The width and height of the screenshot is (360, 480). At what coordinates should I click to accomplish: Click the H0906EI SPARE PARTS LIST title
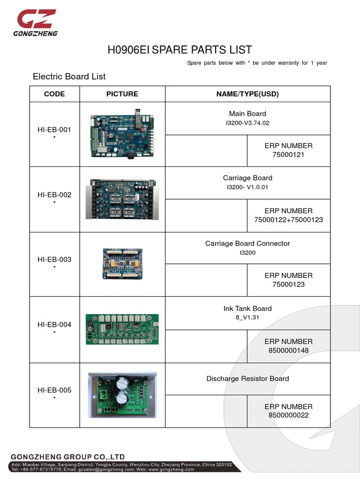pyautogui.click(x=180, y=50)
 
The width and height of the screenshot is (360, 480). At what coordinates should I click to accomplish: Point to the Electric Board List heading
pyautogui.click(x=69, y=76)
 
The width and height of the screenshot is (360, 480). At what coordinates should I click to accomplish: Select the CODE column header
pyautogui.click(x=54, y=94)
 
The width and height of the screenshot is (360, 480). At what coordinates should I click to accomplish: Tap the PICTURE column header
pyautogui.click(x=122, y=94)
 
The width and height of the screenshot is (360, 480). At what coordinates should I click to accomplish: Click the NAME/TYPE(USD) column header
pyautogui.click(x=247, y=94)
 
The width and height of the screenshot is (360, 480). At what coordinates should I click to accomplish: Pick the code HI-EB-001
pyautogui.click(x=54, y=129)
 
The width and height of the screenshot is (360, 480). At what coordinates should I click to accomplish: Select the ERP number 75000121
pyautogui.click(x=288, y=155)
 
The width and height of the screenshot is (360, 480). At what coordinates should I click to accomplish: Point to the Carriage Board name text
pyautogui.click(x=247, y=178)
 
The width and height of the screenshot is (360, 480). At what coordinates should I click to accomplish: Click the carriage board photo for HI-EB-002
pyautogui.click(x=122, y=199)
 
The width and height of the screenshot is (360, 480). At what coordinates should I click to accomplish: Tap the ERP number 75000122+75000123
pyautogui.click(x=288, y=219)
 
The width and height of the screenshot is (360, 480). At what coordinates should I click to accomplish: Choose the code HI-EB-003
pyautogui.click(x=54, y=259)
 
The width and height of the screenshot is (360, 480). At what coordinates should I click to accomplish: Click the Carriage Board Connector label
pyautogui.click(x=247, y=243)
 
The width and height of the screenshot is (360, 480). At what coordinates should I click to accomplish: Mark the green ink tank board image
pyautogui.click(x=122, y=329)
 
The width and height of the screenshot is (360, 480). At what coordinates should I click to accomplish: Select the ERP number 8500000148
pyautogui.click(x=288, y=350)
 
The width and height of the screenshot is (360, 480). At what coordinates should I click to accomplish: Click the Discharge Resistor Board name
pyautogui.click(x=247, y=378)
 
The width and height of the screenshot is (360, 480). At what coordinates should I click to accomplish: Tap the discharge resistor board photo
pyautogui.click(x=122, y=395)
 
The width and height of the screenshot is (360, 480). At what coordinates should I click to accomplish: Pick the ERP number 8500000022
pyautogui.click(x=288, y=415)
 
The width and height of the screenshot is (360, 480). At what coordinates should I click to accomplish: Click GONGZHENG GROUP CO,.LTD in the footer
pyautogui.click(x=67, y=457)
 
